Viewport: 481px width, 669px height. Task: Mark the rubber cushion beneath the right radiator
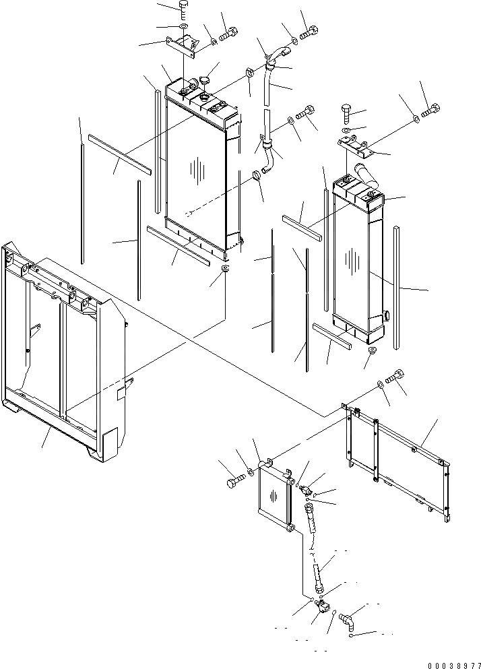point(371,352)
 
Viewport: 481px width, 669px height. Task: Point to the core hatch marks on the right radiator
point(350,259)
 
